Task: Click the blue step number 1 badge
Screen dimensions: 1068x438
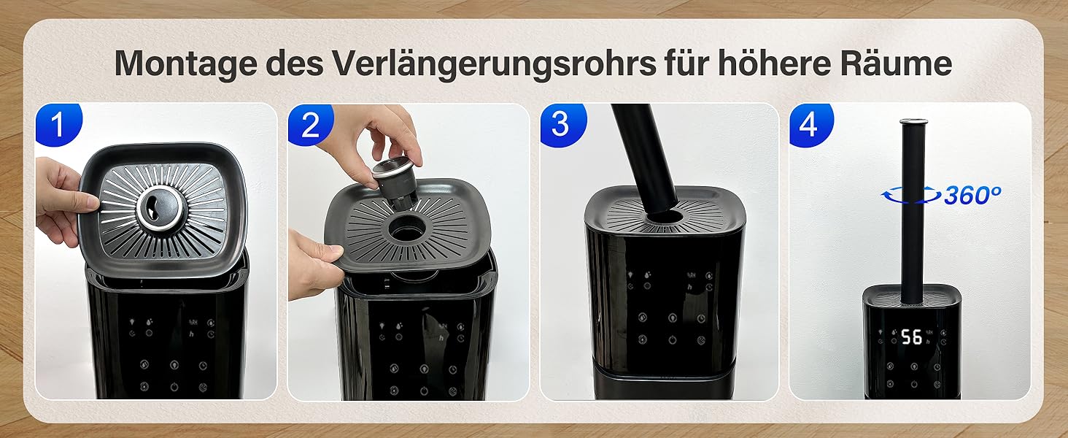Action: click(x=58, y=124)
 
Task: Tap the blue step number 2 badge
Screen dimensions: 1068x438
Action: click(x=310, y=124)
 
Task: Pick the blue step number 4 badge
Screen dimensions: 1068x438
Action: click(x=810, y=125)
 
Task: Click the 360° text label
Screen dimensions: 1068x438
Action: click(x=972, y=195)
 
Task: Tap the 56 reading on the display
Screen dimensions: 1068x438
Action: click(x=912, y=337)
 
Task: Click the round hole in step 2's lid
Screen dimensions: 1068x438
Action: click(x=406, y=228)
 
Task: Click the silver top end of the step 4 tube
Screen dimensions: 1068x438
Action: click(x=913, y=122)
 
